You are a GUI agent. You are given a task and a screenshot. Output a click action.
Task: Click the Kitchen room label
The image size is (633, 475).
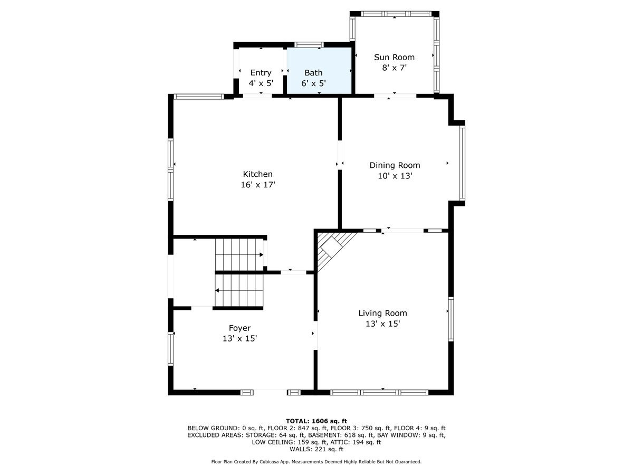pyautogui.click(x=257, y=174)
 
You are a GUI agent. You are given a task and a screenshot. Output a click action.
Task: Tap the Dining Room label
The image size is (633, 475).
pyautogui.click(x=395, y=165)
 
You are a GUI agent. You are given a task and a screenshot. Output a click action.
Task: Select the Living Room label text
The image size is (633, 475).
pyautogui.click(x=382, y=313)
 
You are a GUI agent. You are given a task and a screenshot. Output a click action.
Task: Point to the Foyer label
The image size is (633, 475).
pyautogui.click(x=239, y=328)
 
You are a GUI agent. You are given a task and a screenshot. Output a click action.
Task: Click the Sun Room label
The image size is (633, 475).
pyautogui.click(x=394, y=57)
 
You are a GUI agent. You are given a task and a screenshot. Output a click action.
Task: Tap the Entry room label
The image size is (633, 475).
pyautogui.click(x=261, y=73)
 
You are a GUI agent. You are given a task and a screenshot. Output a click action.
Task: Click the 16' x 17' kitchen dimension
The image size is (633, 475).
pyautogui.click(x=258, y=185)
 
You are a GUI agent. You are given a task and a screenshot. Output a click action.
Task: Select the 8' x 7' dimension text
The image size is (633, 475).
pyautogui.click(x=394, y=68)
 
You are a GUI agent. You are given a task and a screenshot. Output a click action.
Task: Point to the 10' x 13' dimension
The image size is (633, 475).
pyautogui.click(x=395, y=176)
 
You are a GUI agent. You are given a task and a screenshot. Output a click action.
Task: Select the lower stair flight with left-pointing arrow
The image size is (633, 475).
pyautogui.click(x=238, y=290)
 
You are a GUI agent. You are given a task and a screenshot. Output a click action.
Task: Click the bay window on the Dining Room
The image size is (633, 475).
pyautogui.click(x=462, y=164)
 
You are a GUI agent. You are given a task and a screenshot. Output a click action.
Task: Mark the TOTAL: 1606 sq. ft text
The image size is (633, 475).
pyautogui.click(x=316, y=421)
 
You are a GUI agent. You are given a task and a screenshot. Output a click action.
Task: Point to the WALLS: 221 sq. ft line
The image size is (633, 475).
pyautogui.click(x=316, y=449)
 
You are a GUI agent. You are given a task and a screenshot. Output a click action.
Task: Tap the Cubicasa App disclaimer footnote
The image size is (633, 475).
pyautogui.click(x=316, y=462)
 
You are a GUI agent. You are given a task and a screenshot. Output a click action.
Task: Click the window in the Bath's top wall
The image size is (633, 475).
pyautogui.click(x=309, y=44)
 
